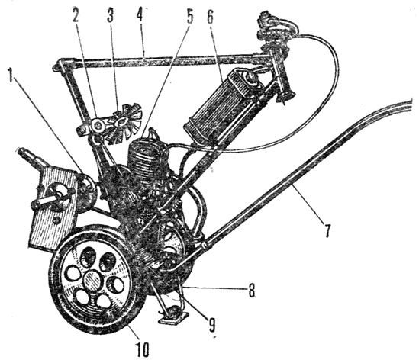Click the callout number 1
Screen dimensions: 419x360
[x=11, y=75]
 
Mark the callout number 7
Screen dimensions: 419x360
[x=327, y=230]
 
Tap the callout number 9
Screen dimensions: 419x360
[x=211, y=325]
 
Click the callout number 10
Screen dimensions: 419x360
[x=143, y=349]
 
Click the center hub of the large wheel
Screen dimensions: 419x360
[x=92, y=280]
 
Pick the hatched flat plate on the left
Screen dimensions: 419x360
[x=52, y=203]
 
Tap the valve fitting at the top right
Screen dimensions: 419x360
[x=276, y=32]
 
